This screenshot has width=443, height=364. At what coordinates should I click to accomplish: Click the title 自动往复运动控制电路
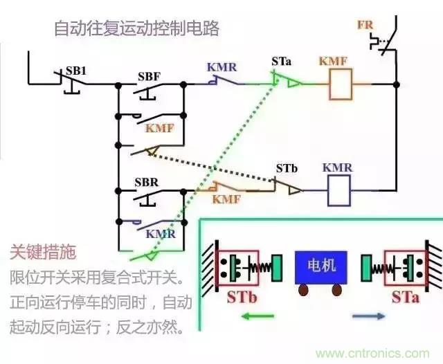point(136,29)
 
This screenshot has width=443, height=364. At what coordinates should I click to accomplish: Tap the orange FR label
point(365,26)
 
